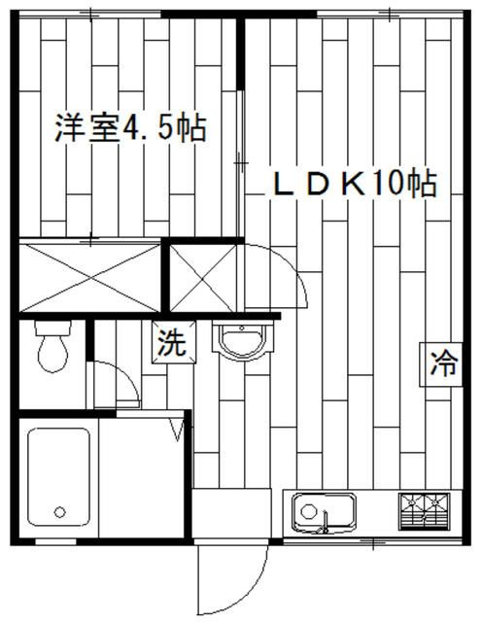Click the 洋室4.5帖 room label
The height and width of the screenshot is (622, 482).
pos(130,128)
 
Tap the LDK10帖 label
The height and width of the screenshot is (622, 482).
pos(356,183)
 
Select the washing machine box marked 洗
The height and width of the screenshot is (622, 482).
pos(174,342)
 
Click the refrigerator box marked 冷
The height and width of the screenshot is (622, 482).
pos(441,363)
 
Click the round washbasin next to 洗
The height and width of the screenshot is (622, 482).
pos(242,341)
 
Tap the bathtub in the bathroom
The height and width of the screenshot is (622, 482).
pos(58,477)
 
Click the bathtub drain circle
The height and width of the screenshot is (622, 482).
pos(59,512)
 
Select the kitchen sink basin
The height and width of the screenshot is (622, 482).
pos(324,512)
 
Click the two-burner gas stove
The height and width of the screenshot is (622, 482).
pos(425,512)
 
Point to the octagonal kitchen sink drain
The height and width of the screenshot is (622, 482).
pos(308,511)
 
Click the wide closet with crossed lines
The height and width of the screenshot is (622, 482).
pos(89,277)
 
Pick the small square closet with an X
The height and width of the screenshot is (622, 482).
pos(203,278)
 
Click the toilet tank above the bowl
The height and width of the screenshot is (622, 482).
pos(52,328)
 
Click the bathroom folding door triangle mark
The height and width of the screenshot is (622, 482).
pos(177,430)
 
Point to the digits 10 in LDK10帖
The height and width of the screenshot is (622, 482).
pos(388,184)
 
